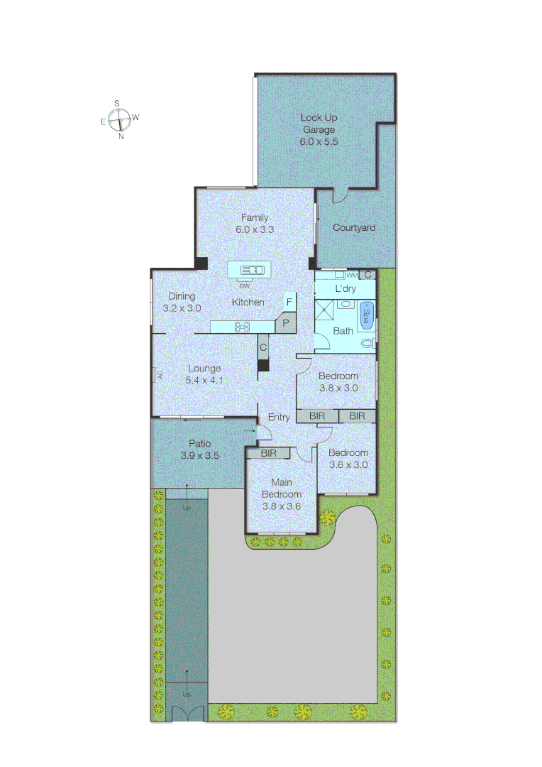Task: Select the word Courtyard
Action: pos(354,228)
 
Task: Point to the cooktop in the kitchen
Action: pos(242,327)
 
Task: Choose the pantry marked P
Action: pos(285,322)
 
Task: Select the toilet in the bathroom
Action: pos(366,342)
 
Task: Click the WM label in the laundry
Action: pos(351,275)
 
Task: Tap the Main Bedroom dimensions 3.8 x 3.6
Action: pos(281,506)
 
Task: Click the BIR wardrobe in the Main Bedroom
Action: pos(268,452)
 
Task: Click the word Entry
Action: pos(279,418)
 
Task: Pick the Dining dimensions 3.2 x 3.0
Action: pos(182,308)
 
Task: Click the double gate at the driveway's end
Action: pos(187,714)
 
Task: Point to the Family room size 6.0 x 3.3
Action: pos(255,229)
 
